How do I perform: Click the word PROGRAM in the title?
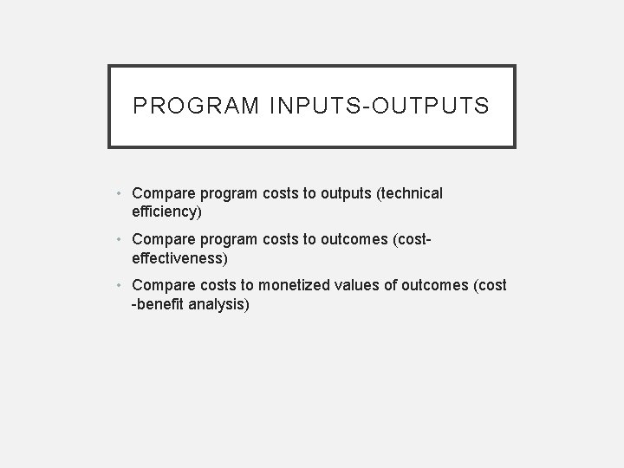point(197,107)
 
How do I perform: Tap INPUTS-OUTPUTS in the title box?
point(380,107)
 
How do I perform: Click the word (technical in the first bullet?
point(406,193)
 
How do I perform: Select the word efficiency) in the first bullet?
point(166,211)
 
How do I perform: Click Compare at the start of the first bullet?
point(165,193)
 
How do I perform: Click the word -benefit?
point(159,304)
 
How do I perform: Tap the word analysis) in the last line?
point(220,304)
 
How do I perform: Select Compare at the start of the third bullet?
point(165,285)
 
